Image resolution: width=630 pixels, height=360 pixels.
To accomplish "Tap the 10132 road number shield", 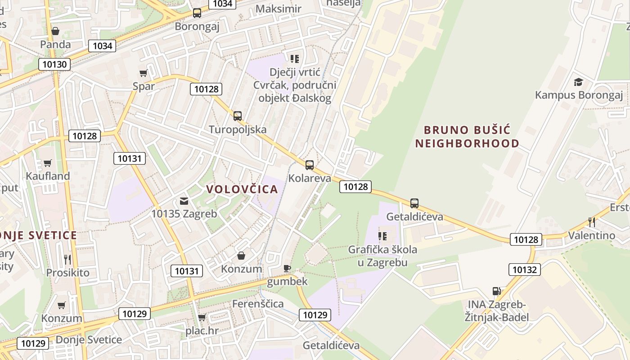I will pos(524,270).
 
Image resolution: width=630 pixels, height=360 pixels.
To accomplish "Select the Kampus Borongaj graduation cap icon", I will pos(578,82).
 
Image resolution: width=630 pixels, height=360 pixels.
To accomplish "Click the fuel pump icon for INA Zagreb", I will pos(497,291).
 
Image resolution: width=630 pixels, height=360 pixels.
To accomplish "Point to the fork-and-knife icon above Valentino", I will pos(592,222).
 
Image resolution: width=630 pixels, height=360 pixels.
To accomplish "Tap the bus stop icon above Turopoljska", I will pos(238,116).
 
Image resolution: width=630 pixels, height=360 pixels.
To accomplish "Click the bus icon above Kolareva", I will pos(310,165).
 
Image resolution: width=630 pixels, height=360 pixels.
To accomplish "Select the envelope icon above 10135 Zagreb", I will pos(184,201).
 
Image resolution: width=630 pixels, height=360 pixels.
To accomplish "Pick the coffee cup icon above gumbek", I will pos(287,268).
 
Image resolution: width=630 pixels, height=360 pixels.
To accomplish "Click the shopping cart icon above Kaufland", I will pos(48,163).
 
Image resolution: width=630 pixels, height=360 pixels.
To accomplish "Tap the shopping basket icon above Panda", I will pos(55,31).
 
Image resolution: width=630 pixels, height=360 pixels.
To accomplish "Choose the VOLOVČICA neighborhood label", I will pos(242,189).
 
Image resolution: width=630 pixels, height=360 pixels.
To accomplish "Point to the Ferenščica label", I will pos(258,304).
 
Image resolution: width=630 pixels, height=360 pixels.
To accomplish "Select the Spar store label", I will pos(144,86).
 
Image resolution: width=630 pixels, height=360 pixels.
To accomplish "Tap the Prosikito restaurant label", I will pos(67,273).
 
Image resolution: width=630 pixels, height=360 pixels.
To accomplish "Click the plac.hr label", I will pos(202,331).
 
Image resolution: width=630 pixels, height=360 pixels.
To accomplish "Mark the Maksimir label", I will pos(278,9).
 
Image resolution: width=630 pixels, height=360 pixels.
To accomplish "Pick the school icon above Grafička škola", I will pos(382,236).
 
